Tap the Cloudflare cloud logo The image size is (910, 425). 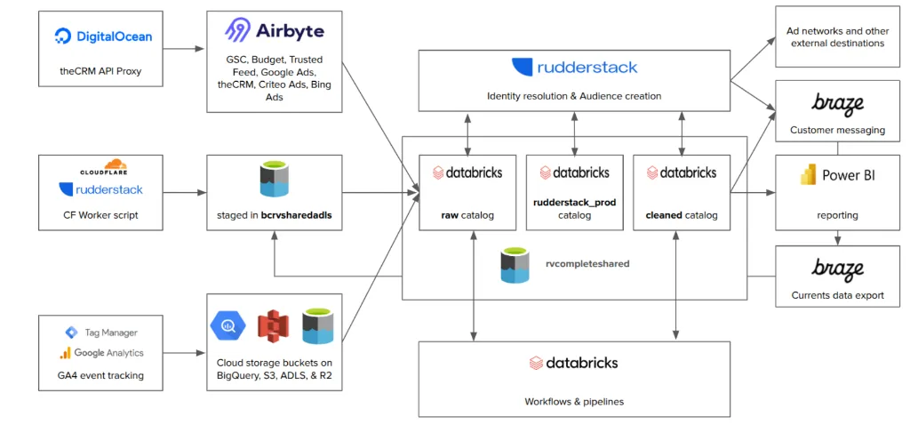pyautogui.click(x=116, y=165)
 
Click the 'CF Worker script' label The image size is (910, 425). pyautogui.click(x=100, y=214)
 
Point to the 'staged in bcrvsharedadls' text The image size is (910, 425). pyautogui.click(x=274, y=215)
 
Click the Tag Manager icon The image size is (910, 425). pyautogui.click(x=71, y=333)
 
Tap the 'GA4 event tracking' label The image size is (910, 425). pyautogui.click(x=100, y=375)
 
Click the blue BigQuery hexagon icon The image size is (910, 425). pyautogui.click(x=227, y=325)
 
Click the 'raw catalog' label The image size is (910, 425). pyautogui.click(x=467, y=215)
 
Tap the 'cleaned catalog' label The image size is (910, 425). pyautogui.click(x=682, y=215)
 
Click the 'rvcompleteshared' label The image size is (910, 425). pyautogui.click(x=587, y=264)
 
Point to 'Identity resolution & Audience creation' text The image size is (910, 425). pyautogui.click(x=574, y=96)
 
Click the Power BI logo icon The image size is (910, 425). pyautogui.click(x=808, y=175)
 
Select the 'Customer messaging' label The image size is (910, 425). pyautogui.click(x=837, y=130)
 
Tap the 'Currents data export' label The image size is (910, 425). pyautogui.click(x=837, y=295)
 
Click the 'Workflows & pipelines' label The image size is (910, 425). pyautogui.click(x=574, y=401)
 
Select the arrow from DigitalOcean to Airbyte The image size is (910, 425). pyautogui.click(x=184, y=49)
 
